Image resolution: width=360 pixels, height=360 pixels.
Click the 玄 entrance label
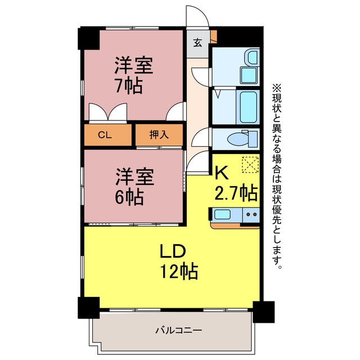tap(197, 43)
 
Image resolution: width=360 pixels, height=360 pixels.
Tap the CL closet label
tap(105, 135)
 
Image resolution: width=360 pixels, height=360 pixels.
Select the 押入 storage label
tap(159, 134)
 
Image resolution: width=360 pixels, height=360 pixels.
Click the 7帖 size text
tap(129, 86)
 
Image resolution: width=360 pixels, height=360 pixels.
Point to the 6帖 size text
tap(129, 197)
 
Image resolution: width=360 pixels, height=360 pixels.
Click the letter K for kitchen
tap(221, 173)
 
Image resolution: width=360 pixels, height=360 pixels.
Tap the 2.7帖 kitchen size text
tap(236, 193)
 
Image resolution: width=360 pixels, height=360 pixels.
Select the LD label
tap(173, 251)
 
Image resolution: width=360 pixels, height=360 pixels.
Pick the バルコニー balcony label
tap(179, 330)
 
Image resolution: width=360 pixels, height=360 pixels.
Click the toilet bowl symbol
tap(237, 139)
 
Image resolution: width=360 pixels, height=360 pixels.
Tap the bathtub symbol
tap(248, 107)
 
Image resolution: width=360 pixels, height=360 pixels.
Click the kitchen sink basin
tap(222, 214)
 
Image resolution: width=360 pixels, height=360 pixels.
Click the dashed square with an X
tap(250, 164)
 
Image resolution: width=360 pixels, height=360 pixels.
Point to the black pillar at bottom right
tap(264, 312)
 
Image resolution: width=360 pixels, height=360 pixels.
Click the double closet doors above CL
tap(108, 112)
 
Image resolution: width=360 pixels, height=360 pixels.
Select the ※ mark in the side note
tap(277, 88)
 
